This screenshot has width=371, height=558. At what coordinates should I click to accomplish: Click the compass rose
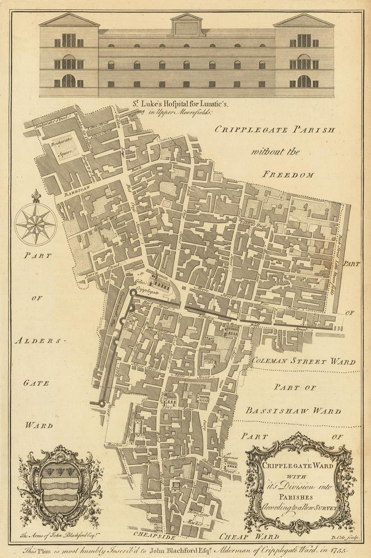36,224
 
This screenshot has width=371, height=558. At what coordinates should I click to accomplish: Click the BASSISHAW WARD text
293,411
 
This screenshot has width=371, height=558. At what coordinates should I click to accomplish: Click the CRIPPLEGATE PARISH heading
274,130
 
